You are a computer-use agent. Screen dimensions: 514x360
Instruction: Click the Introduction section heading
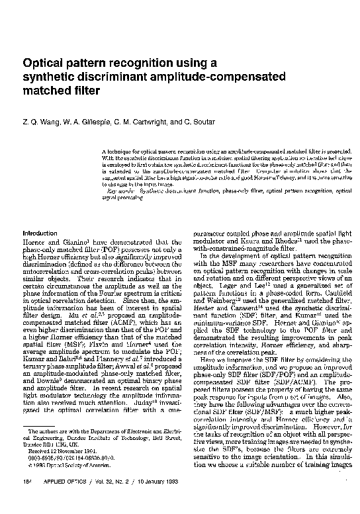click(40, 234)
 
